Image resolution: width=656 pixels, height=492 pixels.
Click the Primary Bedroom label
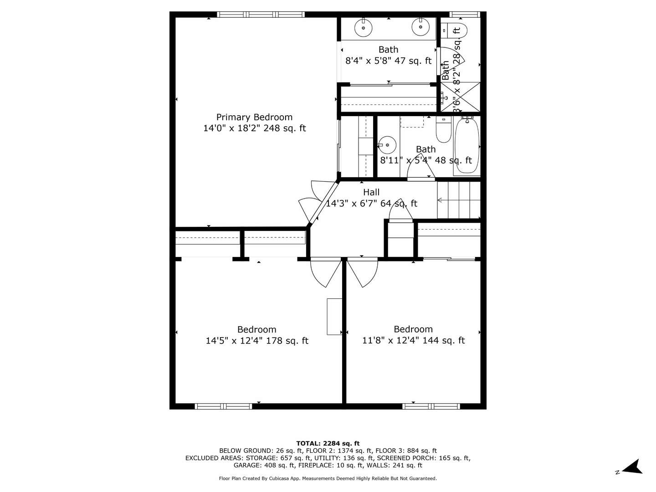(254, 117)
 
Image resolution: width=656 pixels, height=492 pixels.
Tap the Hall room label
(371, 192)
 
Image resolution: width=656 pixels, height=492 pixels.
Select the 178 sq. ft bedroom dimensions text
(257, 341)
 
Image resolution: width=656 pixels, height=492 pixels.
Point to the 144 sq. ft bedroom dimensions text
(413, 340)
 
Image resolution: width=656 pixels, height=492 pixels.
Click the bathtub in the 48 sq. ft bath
(467, 145)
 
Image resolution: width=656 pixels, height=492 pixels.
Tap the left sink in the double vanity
(364, 27)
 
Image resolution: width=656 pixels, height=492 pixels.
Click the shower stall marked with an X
(460, 97)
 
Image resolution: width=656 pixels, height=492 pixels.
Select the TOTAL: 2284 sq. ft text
(328, 443)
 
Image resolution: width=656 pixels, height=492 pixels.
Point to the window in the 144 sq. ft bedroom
(431, 406)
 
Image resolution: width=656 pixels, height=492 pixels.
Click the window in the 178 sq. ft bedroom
(223, 406)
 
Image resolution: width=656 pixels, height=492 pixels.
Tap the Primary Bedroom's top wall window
(261, 15)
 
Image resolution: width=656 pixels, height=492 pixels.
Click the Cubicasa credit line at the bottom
(328, 478)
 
